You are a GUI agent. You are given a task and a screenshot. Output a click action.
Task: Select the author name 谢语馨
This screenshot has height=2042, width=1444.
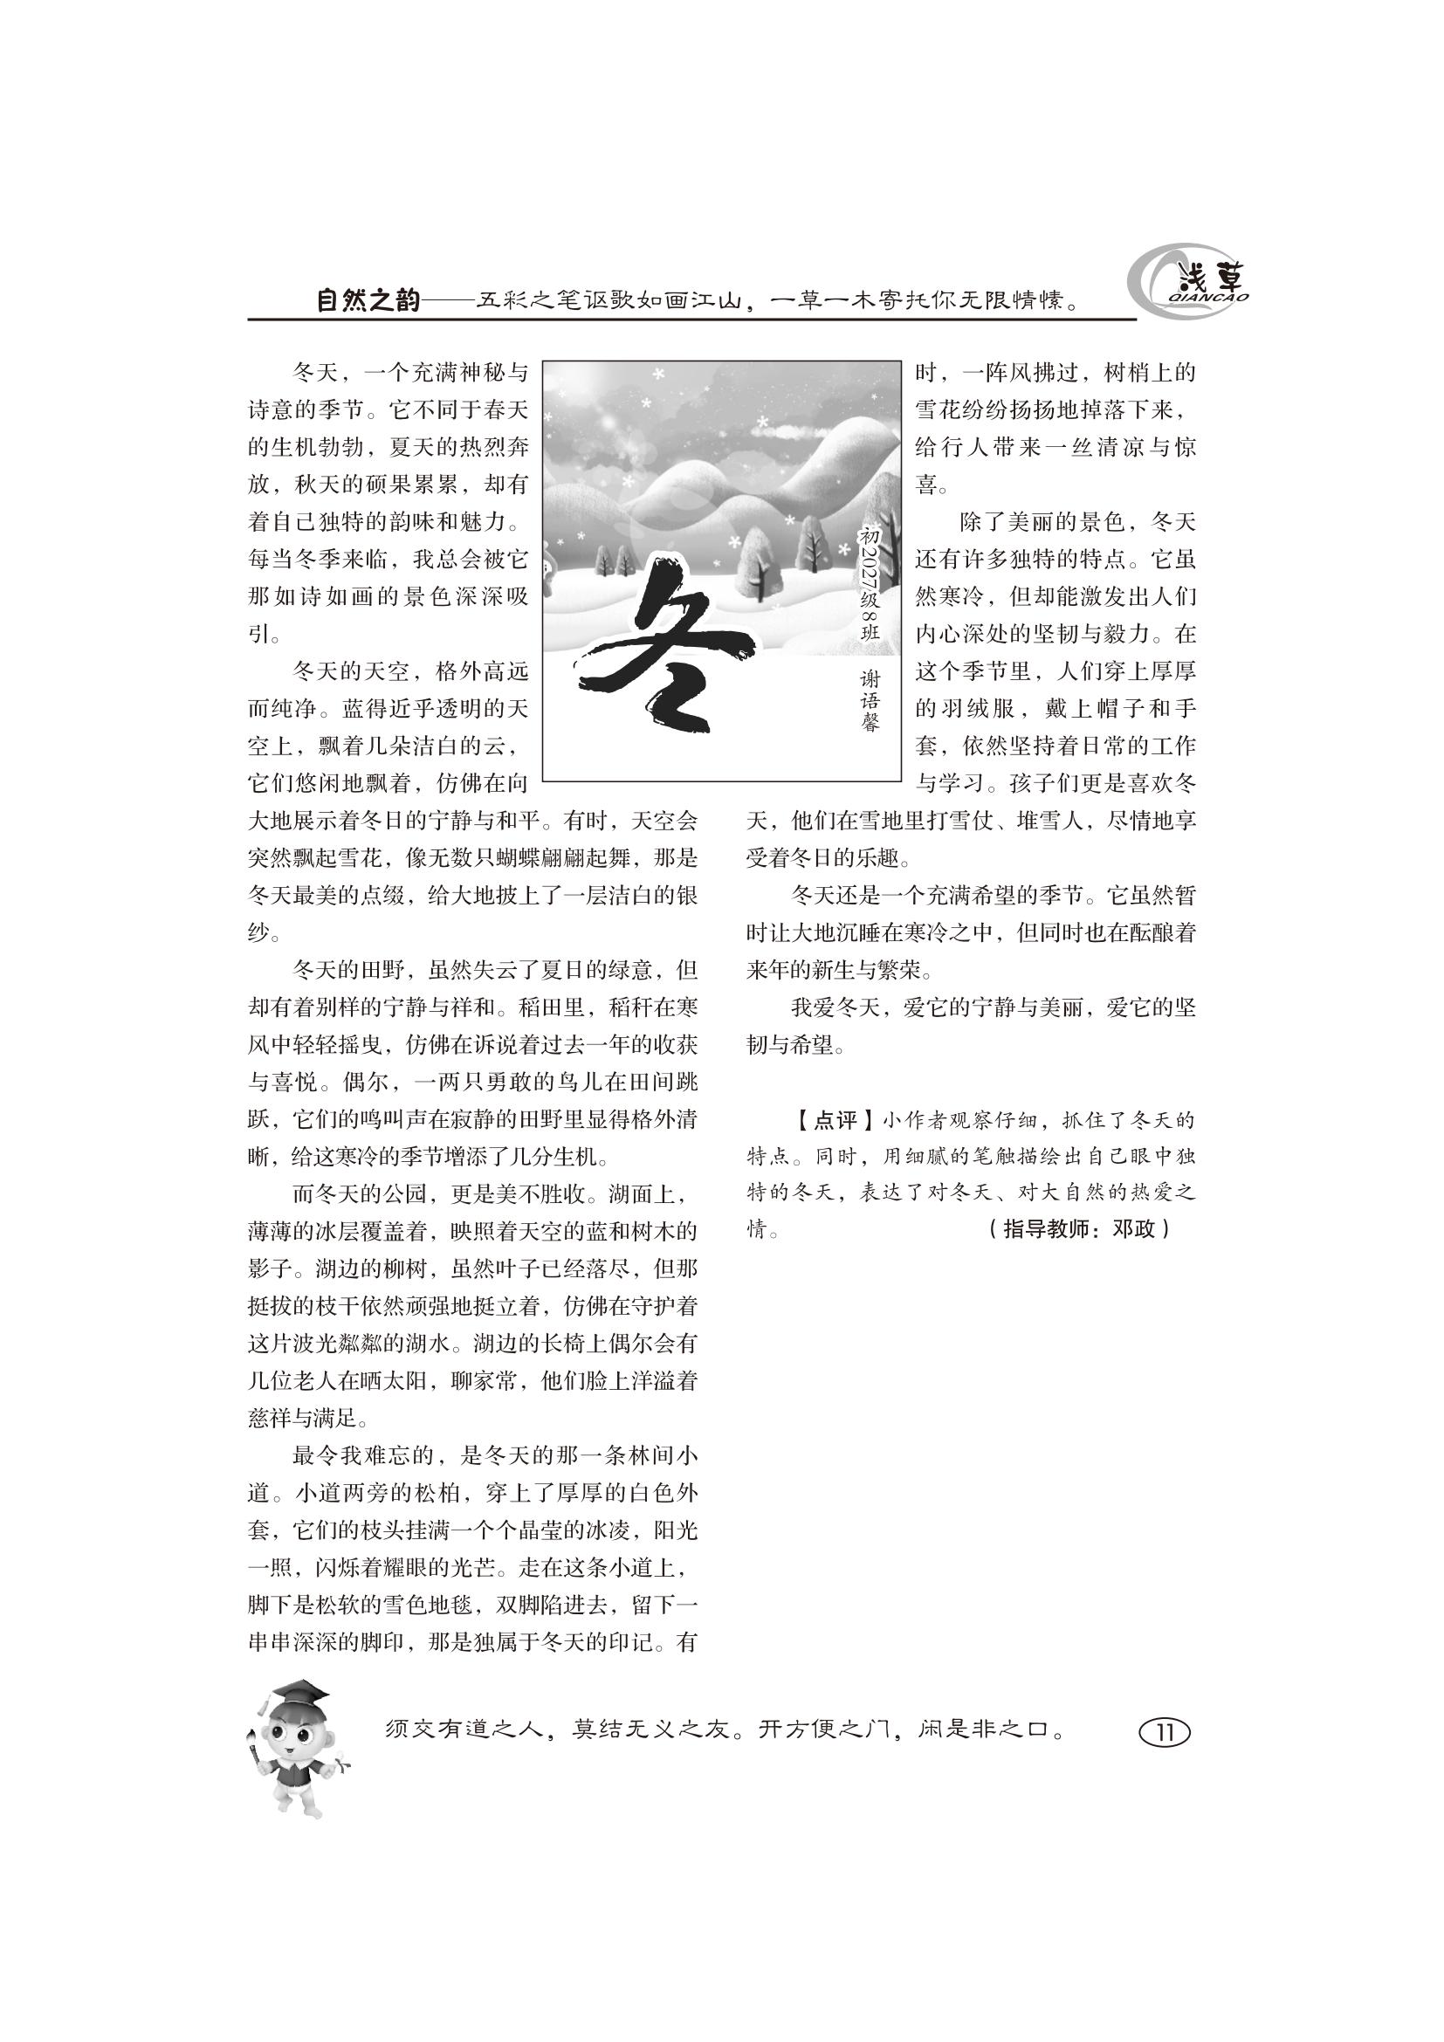pyautogui.click(x=870, y=701)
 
